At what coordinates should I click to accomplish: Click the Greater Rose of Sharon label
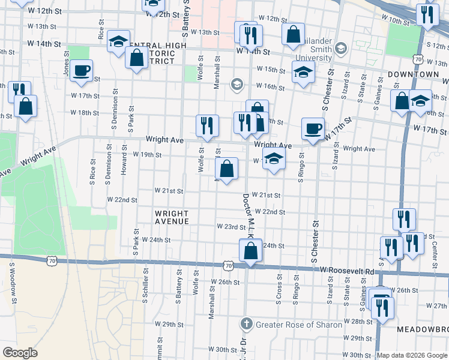coord(299,325)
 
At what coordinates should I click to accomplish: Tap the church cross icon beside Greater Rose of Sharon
coord(246,325)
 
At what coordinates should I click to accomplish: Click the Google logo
coord(20,353)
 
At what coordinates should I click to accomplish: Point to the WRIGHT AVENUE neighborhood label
coord(172,217)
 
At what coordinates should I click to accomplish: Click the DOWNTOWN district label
coord(413,74)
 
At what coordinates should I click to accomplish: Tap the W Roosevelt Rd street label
coord(347,271)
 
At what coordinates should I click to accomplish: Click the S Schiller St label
coord(145,285)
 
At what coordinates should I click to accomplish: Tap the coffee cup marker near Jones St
coord(81,71)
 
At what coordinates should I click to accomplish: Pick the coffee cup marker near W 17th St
coord(313,128)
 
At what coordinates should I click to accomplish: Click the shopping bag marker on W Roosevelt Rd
coord(251,250)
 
